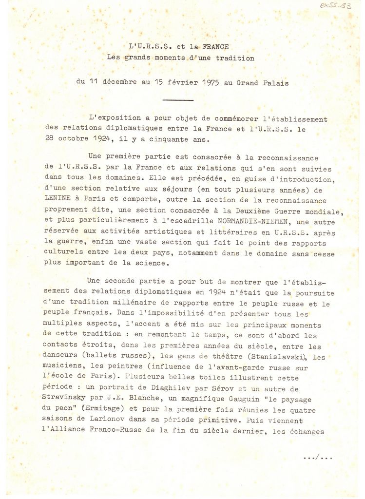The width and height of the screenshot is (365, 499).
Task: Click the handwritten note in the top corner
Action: [335, 5]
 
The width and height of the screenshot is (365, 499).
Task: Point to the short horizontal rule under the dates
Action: [178, 100]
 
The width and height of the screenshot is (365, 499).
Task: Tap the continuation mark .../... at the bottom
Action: [318, 457]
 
